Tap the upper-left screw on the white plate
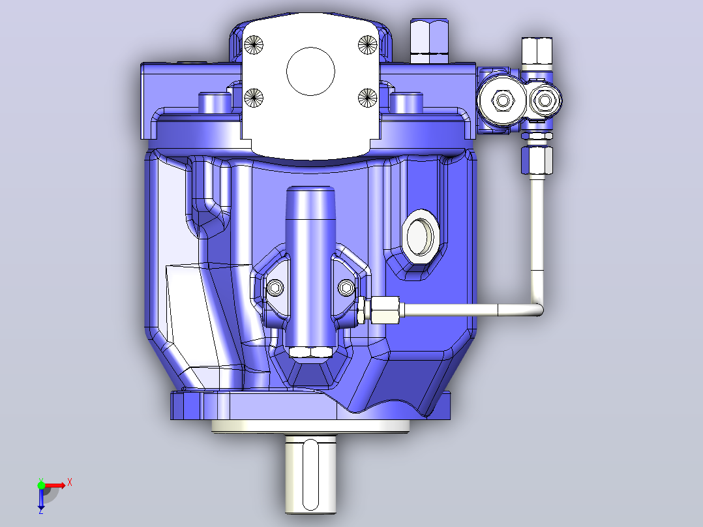click(x=254, y=45)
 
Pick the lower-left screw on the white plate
click(x=254, y=97)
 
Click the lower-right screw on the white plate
click(x=368, y=97)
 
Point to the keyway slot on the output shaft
click(x=310, y=475)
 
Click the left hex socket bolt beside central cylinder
click(x=275, y=288)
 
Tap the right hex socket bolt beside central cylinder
click(x=346, y=288)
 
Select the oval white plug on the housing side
click(x=421, y=236)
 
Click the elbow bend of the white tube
click(x=537, y=307)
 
